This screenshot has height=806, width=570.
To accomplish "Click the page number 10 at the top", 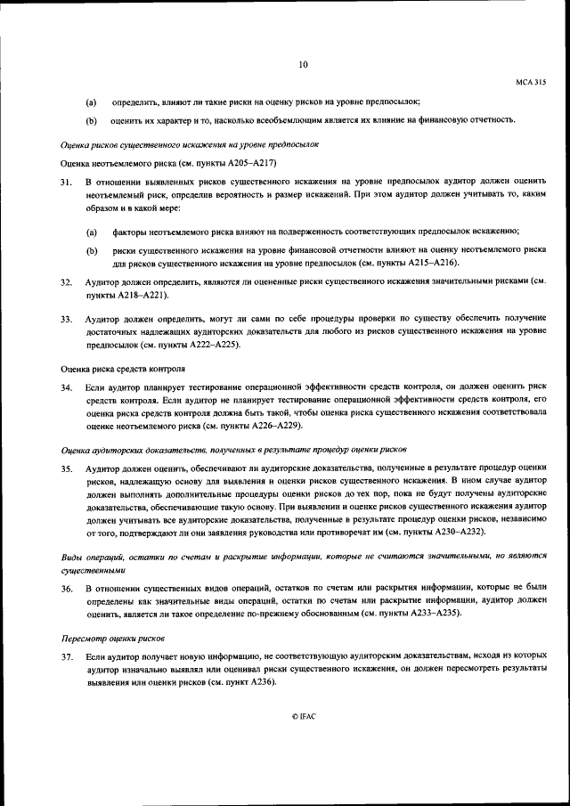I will point(303,63).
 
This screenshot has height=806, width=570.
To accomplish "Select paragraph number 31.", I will point(66,182).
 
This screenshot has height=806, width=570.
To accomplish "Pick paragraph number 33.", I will point(66,318).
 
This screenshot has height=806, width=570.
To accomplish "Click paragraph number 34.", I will point(66,387).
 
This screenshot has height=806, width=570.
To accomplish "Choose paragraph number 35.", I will point(66,467).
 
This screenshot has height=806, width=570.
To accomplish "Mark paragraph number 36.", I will point(66,589).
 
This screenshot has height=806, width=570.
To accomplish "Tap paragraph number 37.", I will point(66,655).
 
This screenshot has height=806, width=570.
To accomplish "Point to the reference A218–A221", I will point(137,294).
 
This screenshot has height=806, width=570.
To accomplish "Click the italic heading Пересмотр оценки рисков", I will point(112,638).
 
